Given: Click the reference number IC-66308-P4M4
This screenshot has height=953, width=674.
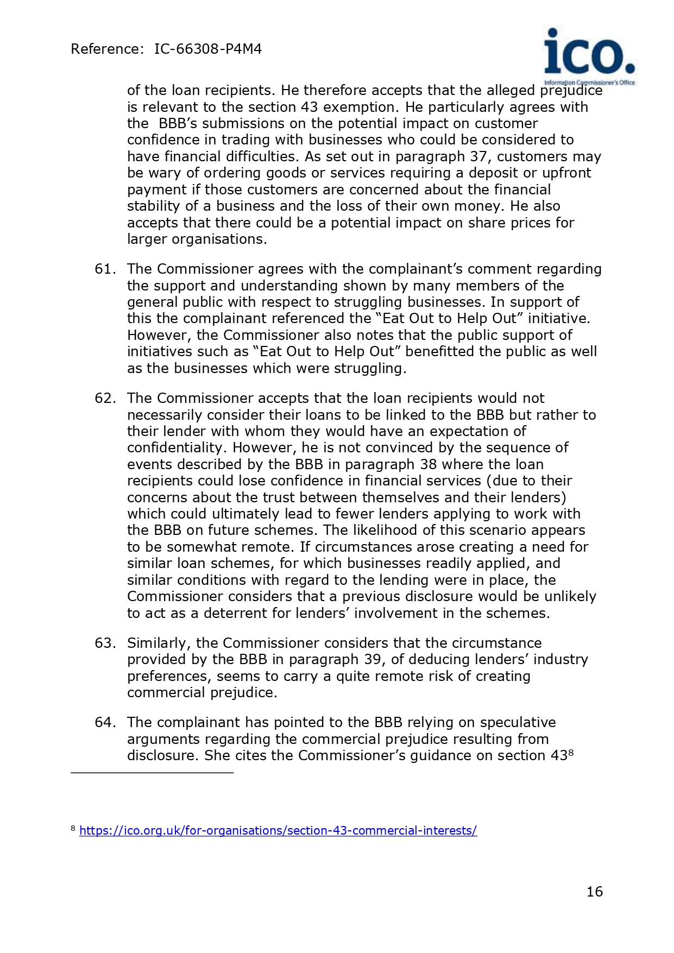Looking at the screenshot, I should (x=208, y=49).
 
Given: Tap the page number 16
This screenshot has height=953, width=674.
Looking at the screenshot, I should (x=595, y=892).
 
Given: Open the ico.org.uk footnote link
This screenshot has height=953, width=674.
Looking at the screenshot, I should (x=278, y=830).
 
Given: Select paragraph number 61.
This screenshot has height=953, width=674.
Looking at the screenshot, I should (x=104, y=269).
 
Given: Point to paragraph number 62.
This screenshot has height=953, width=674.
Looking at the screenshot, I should (x=104, y=399).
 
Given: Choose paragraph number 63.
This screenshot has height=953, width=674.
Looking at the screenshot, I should (x=104, y=643).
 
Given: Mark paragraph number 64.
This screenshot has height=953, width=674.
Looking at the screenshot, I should (x=104, y=723).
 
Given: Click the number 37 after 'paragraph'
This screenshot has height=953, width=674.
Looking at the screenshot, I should (x=479, y=157).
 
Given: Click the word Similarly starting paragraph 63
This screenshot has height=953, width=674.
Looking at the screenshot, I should (x=159, y=643).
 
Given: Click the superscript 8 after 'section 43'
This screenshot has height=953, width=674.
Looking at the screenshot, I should (x=571, y=753).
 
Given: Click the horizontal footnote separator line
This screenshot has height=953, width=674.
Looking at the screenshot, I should (x=152, y=772).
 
